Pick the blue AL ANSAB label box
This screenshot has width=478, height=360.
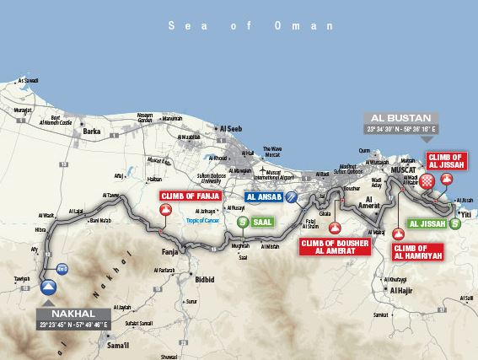point(264,196)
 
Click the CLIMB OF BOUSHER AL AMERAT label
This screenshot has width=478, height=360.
point(335,246)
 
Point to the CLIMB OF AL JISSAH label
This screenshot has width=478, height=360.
point(446,161)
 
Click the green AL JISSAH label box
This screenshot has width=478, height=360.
point(427,224)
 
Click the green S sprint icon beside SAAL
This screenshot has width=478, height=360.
point(243,222)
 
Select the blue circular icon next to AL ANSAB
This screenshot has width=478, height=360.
point(291,196)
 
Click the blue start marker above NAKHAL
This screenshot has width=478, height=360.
point(49,287)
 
